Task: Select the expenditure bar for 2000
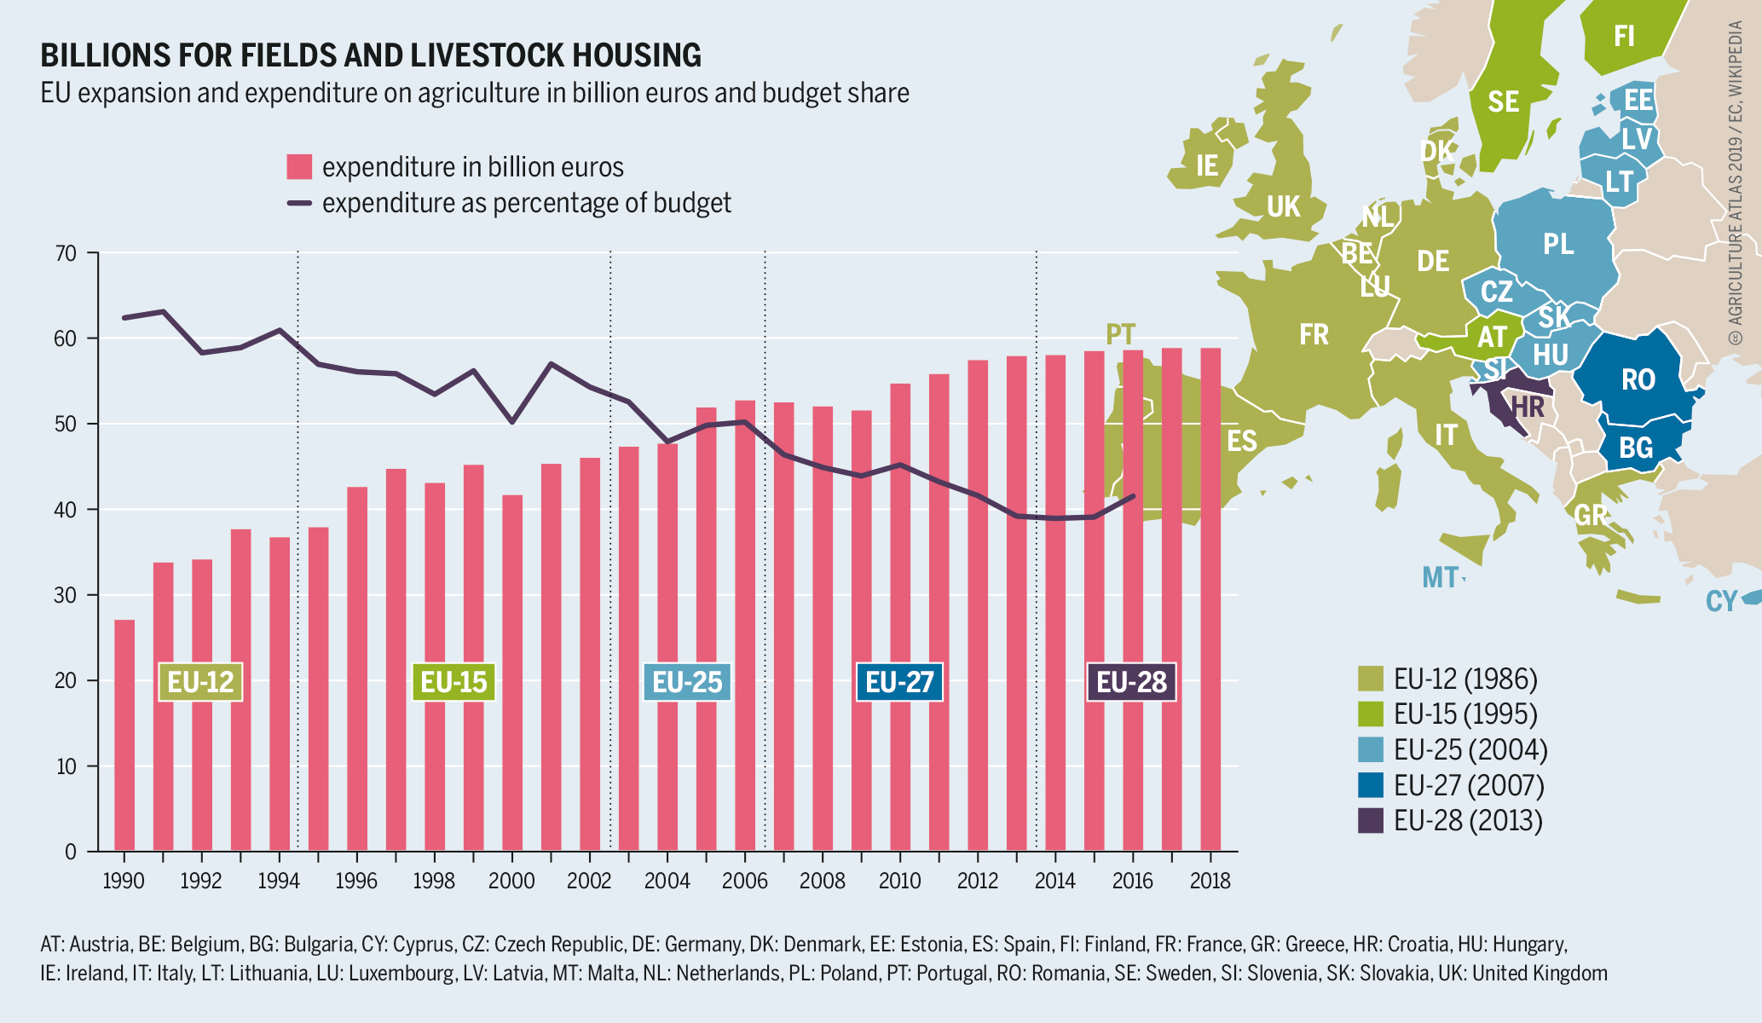coord(512,673)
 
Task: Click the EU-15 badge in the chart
coord(453,682)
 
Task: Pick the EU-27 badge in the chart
coord(899,682)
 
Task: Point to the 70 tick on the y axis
coord(66,253)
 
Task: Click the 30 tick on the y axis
coord(66,595)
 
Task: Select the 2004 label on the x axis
coord(667,881)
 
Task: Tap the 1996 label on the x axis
coord(356,881)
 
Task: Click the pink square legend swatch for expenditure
coord(299,167)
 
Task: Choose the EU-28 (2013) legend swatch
coord(1370,820)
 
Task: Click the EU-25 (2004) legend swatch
coord(1370,749)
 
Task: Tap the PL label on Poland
coord(1558,245)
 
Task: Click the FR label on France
coord(1314,334)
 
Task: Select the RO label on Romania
coord(1638,379)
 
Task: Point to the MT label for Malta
coord(1440,578)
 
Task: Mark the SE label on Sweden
coord(1503,102)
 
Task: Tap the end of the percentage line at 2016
coord(1133,496)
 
